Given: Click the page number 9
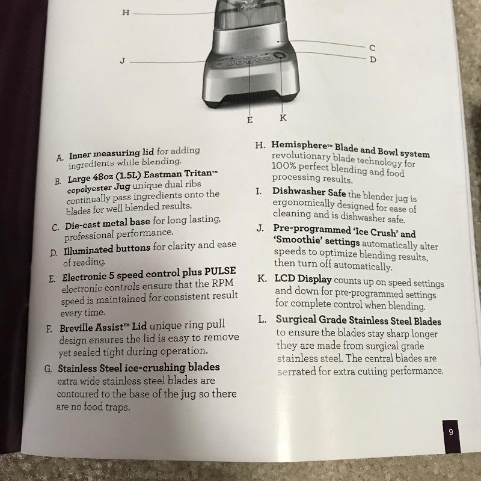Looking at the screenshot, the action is click(450, 432).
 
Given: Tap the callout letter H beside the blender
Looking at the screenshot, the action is click(126, 13).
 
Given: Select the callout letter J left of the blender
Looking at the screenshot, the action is click(123, 61).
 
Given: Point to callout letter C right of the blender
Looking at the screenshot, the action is click(372, 48).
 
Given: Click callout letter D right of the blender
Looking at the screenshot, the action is click(373, 59).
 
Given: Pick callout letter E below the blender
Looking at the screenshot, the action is click(250, 120).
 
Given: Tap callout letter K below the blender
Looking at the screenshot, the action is click(283, 118).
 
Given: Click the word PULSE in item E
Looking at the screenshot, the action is click(220, 271).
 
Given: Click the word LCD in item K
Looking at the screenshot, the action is click(284, 278).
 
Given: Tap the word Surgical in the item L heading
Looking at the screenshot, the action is click(296, 320).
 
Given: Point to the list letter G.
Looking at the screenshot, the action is click(48, 369).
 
